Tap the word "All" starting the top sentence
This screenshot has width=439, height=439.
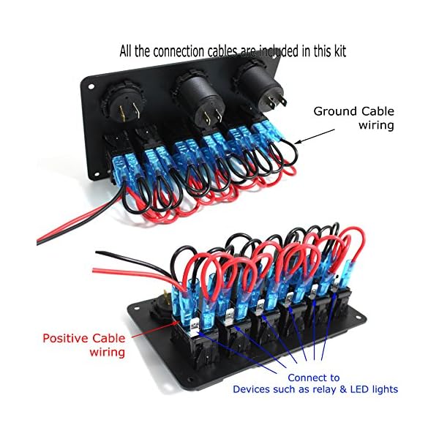127,52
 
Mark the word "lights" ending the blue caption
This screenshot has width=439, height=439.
380,390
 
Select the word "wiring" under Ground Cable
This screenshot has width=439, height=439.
375,125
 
